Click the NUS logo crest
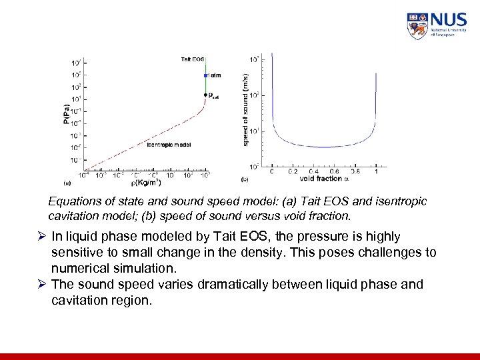(x=417, y=26)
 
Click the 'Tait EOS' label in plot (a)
(x=193, y=59)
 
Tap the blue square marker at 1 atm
(x=207, y=75)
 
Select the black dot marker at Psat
(x=206, y=95)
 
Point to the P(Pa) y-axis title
(x=65, y=114)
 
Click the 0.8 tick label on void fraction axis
(x=355, y=171)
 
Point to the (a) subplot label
(x=67, y=181)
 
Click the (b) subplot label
(x=244, y=180)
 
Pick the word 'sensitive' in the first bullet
(x=76, y=253)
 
